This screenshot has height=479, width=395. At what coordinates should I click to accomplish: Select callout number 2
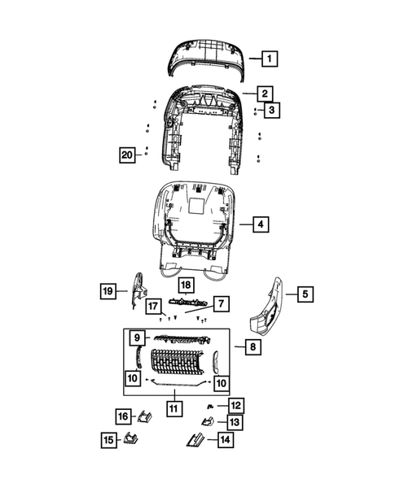pos(265,94)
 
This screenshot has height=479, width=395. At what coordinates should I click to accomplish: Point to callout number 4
pos(260,224)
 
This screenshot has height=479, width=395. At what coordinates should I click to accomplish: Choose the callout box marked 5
pos(304,294)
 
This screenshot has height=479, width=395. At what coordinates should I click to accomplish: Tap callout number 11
pos(172,407)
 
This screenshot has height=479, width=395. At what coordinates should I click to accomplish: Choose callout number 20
pos(126,156)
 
